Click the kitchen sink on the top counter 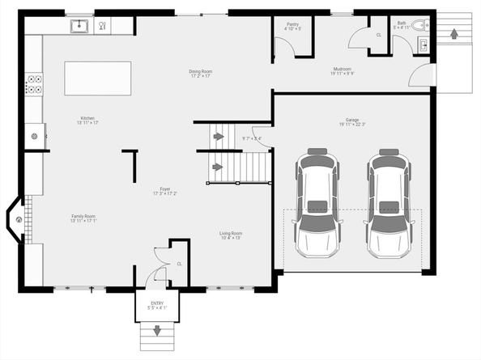pos(79,26)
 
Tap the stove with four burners pos(34,85)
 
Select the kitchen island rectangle pos(98,78)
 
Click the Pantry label pos(293,26)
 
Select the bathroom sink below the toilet pos(422,44)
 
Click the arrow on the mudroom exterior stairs pos(453,34)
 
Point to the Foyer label pos(164,190)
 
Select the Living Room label pos(231,235)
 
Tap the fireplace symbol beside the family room pos(16,219)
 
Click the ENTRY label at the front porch pos(157,304)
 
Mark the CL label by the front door pos(180,264)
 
